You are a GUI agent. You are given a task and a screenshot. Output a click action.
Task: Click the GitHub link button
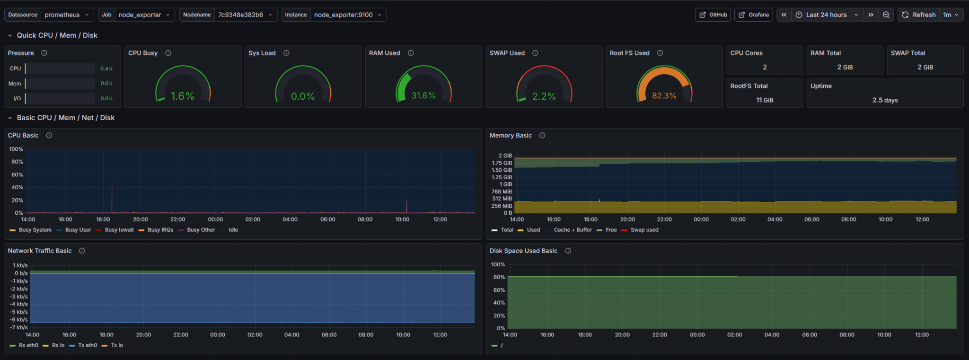click(713, 15)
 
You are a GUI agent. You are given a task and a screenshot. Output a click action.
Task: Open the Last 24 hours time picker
click(826, 15)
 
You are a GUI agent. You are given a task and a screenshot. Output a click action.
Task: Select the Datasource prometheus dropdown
click(66, 15)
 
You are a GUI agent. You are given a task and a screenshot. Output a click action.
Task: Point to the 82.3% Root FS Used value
click(664, 96)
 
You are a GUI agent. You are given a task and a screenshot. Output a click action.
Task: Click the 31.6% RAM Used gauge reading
click(423, 96)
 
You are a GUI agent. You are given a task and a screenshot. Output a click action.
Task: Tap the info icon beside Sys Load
click(286, 53)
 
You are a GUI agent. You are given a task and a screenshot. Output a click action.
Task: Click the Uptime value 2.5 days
click(885, 100)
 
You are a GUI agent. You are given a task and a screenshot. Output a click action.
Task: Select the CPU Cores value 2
click(765, 67)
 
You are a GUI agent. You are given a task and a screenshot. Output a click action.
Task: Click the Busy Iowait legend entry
click(119, 230)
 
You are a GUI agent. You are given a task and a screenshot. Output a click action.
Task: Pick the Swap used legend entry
click(644, 230)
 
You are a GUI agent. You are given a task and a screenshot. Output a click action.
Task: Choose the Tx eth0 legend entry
click(88, 345)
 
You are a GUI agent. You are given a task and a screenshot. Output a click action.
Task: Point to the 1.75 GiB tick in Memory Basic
click(502, 163)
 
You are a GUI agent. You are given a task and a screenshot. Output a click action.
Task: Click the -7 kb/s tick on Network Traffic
click(19, 327)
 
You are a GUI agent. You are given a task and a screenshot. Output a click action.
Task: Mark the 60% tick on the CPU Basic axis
click(17, 175)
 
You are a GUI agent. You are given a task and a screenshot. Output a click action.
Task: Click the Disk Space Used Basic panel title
click(523, 251)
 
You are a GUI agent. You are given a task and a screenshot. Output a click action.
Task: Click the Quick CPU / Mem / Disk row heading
click(57, 35)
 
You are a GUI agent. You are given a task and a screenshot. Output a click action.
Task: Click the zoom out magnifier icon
click(886, 15)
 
